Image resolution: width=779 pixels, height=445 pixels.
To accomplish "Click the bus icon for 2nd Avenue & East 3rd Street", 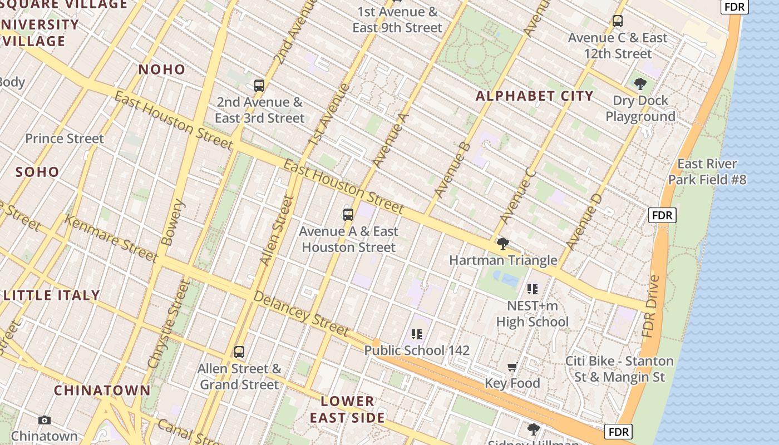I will coord(259,86).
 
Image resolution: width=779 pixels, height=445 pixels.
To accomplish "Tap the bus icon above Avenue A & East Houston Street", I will coord(348,215).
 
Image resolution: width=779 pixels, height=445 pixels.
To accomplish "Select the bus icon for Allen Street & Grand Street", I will coord(239,352).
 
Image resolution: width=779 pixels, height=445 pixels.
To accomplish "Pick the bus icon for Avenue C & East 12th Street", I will coord(618,22).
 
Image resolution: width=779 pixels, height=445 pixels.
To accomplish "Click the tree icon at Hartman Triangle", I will coord(503,244).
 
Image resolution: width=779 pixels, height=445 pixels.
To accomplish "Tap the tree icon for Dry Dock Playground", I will coord(640,85).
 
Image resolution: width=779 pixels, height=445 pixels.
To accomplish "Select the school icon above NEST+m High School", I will coord(533,289).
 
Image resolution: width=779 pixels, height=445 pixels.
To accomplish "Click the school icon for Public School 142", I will coord(417,334).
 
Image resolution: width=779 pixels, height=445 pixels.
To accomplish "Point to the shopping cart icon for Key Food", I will coord(512,367).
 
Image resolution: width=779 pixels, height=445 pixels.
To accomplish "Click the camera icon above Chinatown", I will coord(45,420).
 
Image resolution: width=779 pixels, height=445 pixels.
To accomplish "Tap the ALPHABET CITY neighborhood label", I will coord(534,96).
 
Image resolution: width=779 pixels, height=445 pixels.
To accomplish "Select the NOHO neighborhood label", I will coord(161,70).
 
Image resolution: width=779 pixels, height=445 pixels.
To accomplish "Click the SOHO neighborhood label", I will coord(37,172).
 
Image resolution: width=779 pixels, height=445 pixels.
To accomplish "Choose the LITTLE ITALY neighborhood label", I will coord(52,295).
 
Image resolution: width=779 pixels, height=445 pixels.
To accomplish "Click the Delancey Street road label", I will coord(301,314).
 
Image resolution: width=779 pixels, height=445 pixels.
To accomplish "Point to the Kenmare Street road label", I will coord(111,238).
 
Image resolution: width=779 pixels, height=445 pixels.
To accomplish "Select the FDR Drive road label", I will coord(650,306).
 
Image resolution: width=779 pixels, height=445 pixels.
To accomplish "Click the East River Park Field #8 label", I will coord(707,172).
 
